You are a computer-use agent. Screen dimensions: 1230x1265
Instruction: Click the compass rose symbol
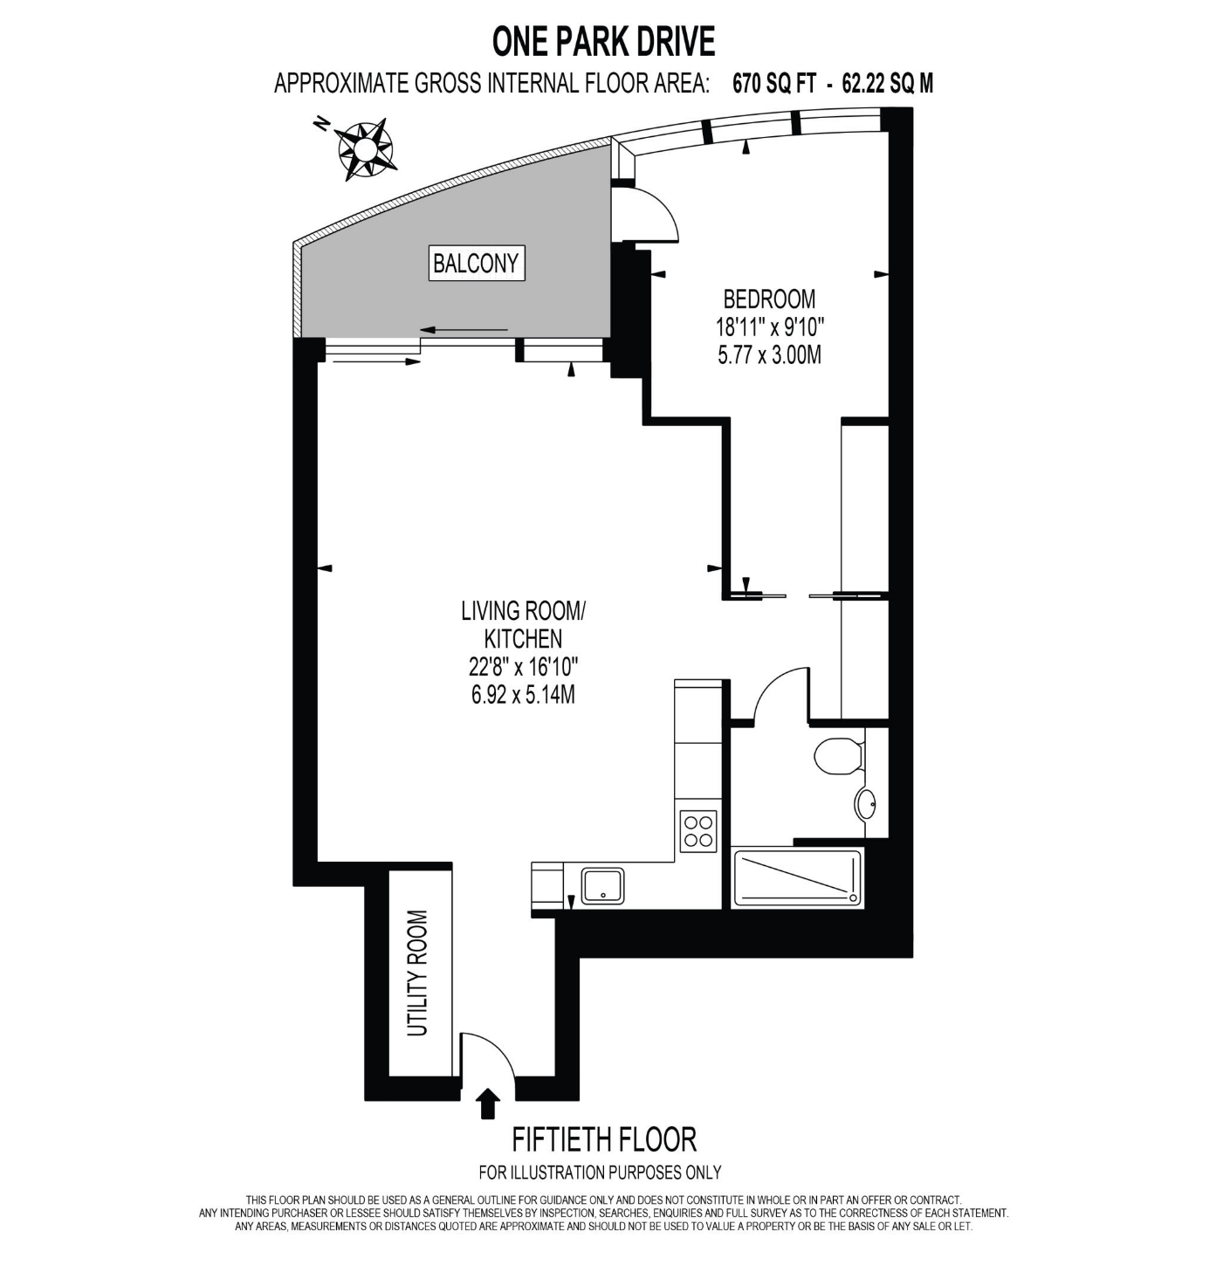(366, 149)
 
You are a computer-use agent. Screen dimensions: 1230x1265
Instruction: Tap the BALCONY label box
(477, 263)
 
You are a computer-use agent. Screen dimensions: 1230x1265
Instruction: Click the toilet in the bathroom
(838, 756)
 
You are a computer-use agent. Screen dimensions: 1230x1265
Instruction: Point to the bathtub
(798, 877)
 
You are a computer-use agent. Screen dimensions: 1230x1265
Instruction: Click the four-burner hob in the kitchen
(698, 831)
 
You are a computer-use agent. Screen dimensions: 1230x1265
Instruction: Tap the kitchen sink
(602, 886)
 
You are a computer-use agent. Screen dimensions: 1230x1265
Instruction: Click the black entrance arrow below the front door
(488, 1104)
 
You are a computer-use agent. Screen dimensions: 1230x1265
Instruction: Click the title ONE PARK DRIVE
(603, 42)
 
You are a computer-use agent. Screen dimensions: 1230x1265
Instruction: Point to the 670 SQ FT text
(773, 84)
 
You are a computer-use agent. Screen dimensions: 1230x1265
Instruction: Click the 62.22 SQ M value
(887, 84)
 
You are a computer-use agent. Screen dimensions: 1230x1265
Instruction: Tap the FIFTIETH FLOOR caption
(604, 1139)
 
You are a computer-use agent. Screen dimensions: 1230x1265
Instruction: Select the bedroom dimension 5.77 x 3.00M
(769, 355)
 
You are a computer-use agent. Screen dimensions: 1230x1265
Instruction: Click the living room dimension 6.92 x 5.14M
(523, 695)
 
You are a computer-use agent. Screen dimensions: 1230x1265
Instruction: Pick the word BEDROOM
(769, 299)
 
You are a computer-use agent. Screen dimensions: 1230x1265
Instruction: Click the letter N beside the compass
(320, 123)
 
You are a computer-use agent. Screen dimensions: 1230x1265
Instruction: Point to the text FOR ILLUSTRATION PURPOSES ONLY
(600, 1172)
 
